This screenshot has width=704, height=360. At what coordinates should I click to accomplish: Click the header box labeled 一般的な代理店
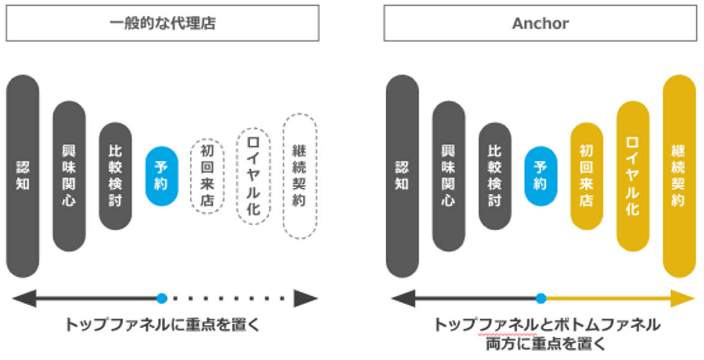pyautogui.click(x=162, y=23)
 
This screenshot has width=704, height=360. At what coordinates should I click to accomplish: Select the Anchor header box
pyautogui.click(x=540, y=23)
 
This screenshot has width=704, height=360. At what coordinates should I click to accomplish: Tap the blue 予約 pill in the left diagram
pyautogui.click(x=162, y=176)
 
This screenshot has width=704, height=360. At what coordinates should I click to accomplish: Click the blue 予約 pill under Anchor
pyautogui.click(x=541, y=176)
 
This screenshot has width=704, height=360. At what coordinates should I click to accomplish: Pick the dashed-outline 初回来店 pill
pyautogui.click(x=207, y=176)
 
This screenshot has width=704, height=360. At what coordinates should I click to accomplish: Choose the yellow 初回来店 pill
pyautogui.click(x=586, y=176)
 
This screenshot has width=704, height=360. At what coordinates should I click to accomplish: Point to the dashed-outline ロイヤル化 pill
pyautogui.click(x=253, y=176)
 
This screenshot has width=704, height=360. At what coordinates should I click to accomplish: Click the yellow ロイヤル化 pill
pyautogui.click(x=633, y=176)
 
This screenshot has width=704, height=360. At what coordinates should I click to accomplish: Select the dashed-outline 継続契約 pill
pyautogui.click(x=300, y=176)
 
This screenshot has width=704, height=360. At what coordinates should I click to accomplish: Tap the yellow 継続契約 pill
pyautogui.click(x=679, y=176)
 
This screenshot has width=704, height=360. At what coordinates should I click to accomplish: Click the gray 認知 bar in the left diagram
pyautogui.click(x=22, y=176)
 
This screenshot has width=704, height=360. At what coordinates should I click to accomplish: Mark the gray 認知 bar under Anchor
pyautogui.click(x=402, y=176)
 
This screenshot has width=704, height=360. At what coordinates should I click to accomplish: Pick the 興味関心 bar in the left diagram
pyautogui.click(x=69, y=176)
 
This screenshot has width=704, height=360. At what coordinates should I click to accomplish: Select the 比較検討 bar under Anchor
pyautogui.click(x=495, y=176)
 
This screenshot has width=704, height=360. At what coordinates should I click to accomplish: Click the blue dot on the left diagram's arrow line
pyautogui.click(x=162, y=298)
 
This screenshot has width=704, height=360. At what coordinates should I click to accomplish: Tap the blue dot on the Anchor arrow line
pyautogui.click(x=541, y=298)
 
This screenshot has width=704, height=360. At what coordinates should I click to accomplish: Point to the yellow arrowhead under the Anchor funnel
pyautogui.click(x=683, y=298)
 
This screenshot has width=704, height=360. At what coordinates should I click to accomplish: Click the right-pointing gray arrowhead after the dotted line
pyautogui.click(x=305, y=298)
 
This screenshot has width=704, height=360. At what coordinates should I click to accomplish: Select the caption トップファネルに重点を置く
pyautogui.click(x=162, y=325)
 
